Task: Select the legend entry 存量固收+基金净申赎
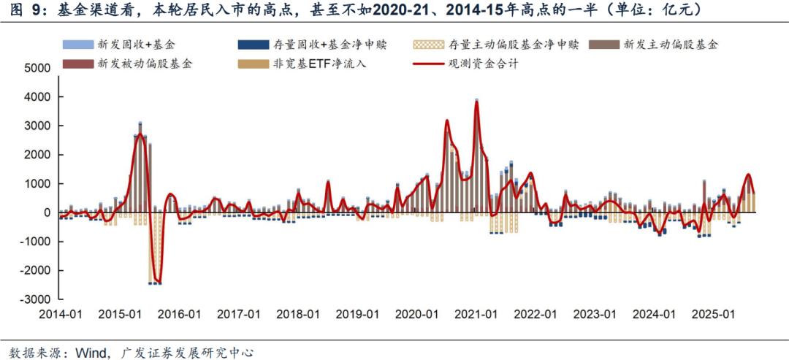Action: click(327, 45)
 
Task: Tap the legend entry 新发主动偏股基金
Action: click(671, 45)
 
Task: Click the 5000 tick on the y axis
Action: click(37, 68)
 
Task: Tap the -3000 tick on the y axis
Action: click(35, 299)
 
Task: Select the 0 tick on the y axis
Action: click(46, 212)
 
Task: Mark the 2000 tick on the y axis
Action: click(37, 155)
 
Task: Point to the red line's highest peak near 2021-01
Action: click(476, 102)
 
